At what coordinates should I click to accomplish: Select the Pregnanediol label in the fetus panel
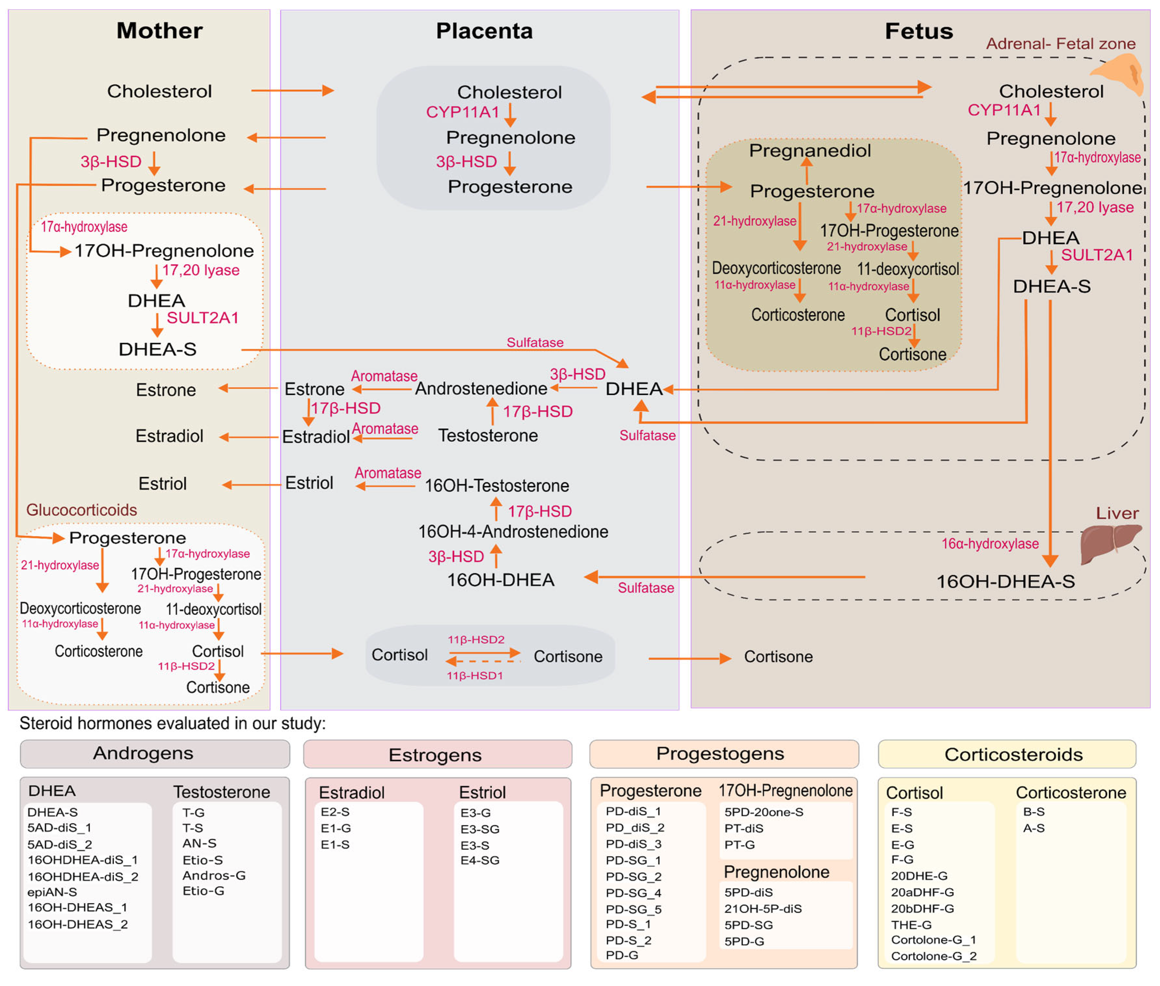[x=810, y=151]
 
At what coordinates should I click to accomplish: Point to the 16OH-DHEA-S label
[x=1005, y=581]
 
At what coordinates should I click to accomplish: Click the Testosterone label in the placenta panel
[x=487, y=435]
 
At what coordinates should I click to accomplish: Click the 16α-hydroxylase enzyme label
[x=990, y=543]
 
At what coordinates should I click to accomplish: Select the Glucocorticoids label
[x=82, y=510]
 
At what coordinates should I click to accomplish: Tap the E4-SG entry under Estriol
[x=480, y=860]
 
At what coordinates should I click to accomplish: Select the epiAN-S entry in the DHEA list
[x=52, y=892]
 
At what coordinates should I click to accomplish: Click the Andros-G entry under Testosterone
[x=214, y=875]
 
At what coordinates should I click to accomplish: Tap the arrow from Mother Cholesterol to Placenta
[x=292, y=91]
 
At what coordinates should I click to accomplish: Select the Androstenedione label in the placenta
[x=481, y=388]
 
